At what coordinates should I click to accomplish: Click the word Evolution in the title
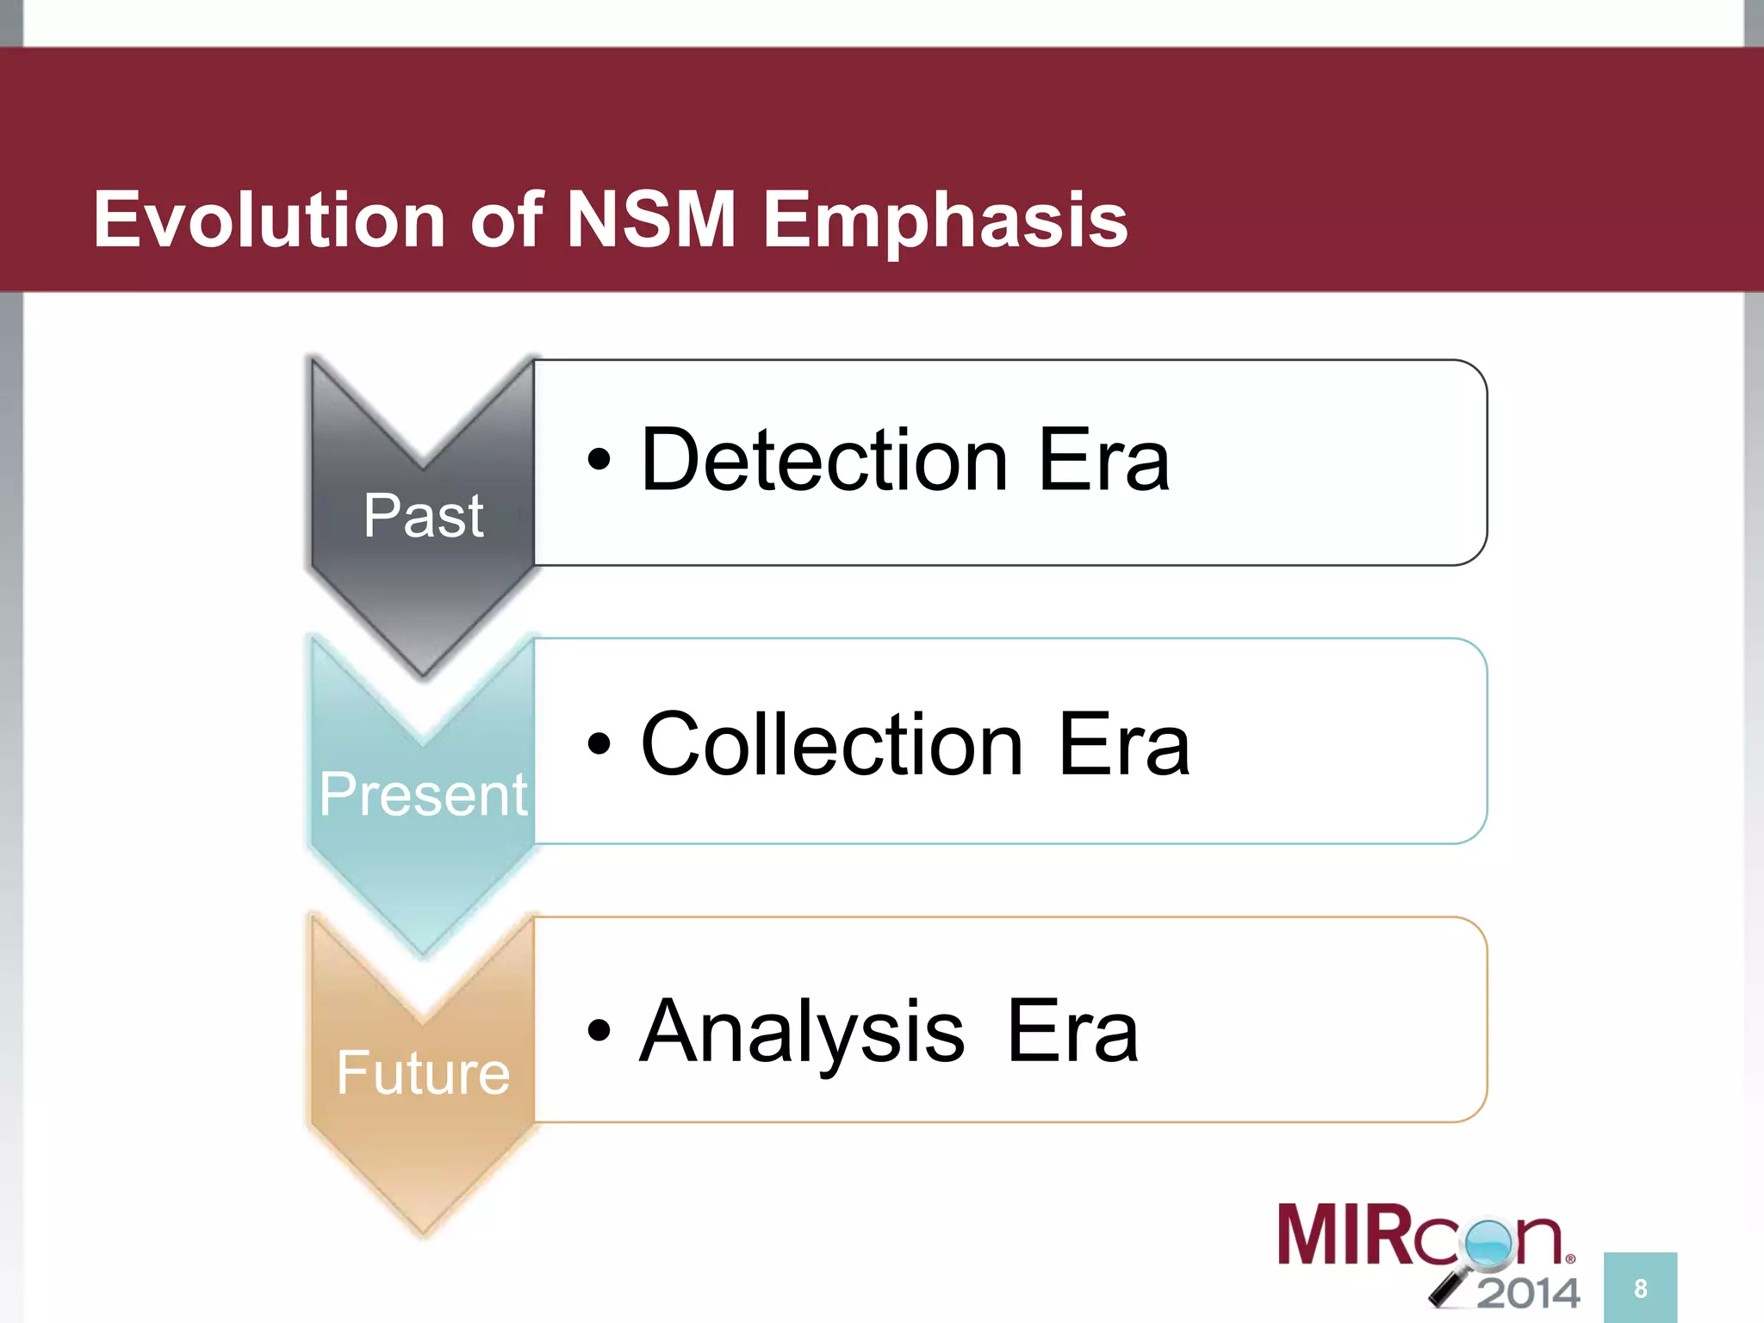269,220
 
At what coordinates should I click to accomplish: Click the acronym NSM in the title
650,220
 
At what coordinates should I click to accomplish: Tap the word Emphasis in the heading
945,220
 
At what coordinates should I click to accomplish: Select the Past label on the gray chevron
423,516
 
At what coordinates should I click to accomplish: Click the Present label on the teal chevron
423,794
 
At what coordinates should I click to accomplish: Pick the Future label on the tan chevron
423,1073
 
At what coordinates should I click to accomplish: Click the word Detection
824,461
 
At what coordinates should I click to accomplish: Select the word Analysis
802,1030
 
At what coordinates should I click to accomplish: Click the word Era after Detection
1104,461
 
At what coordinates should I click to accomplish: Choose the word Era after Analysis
1072,1030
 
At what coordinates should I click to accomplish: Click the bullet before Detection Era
599,461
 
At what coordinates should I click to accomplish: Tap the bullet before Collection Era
599,744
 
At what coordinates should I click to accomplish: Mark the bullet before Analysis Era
599,1030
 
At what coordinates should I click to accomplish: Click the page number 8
1640,1289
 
